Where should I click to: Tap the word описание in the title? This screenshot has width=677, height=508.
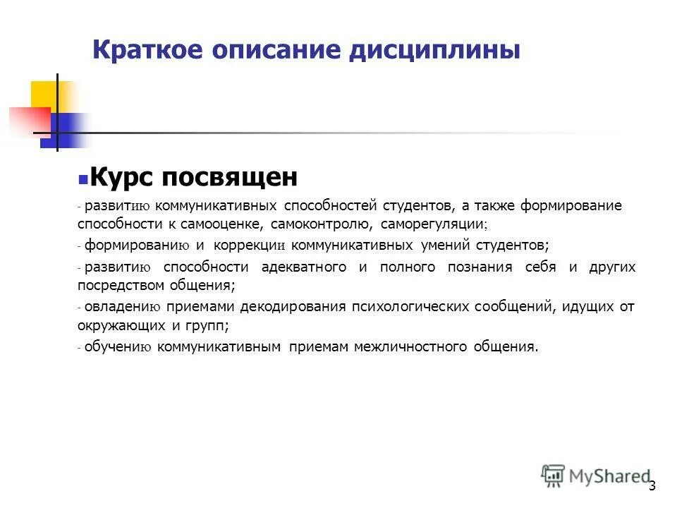(280, 50)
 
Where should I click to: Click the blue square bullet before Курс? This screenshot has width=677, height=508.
(83, 179)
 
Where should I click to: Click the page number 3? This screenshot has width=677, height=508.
(652, 485)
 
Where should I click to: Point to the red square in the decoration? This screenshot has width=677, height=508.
(28, 121)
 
